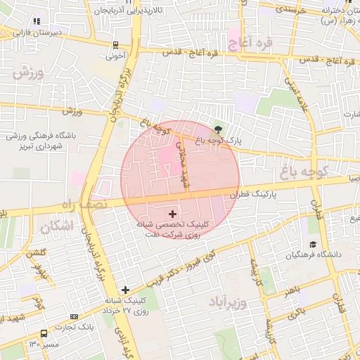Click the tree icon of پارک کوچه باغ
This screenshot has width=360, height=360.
(x=218, y=129)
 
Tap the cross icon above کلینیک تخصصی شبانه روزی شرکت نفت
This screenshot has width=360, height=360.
(x=173, y=212)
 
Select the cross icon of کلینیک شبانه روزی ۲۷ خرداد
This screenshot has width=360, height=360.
(x=125, y=289)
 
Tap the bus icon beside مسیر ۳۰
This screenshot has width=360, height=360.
(x=44, y=334)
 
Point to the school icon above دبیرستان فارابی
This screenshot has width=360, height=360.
(x=36, y=22)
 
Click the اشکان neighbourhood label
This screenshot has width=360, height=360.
(x=57, y=226)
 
